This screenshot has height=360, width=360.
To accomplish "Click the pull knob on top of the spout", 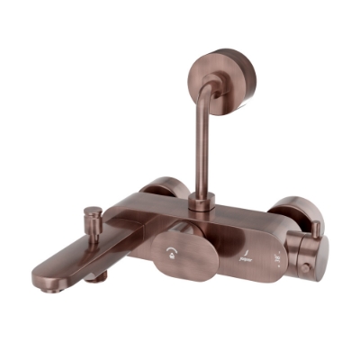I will point(93,213).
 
